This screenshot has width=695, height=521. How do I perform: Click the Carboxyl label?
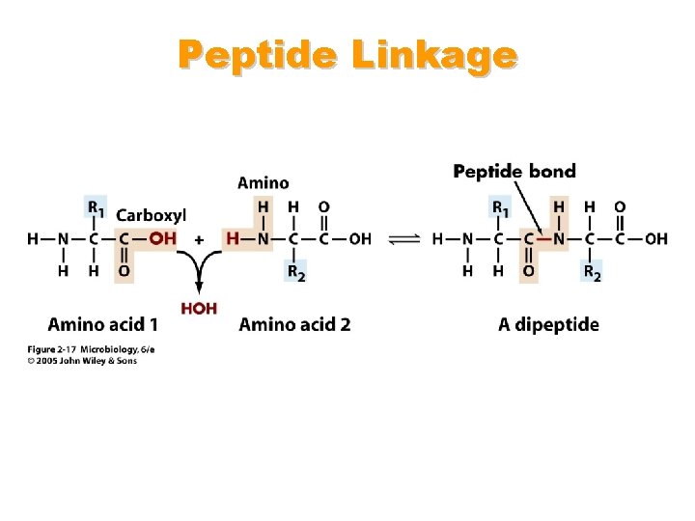(152, 215)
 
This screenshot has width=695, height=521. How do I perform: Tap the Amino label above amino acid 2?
(263, 182)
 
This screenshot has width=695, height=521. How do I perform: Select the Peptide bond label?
(514, 172)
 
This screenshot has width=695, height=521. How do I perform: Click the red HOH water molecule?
(199, 309)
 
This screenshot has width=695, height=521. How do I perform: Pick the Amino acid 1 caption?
(103, 324)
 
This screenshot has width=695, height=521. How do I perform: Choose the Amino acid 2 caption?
(294, 324)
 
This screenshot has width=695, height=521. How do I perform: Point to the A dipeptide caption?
(548, 324)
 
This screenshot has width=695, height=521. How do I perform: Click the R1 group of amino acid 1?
(97, 207)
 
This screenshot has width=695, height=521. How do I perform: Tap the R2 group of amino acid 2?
(295, 272)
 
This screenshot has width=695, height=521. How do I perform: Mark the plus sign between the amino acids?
(199, 239)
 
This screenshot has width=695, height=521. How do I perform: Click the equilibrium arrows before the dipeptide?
(405, 239)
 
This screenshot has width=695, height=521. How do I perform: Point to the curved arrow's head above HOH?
(199, 288)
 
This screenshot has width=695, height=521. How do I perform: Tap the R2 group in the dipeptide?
(591, 272)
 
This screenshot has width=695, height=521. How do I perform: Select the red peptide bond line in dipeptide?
(543, 239)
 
